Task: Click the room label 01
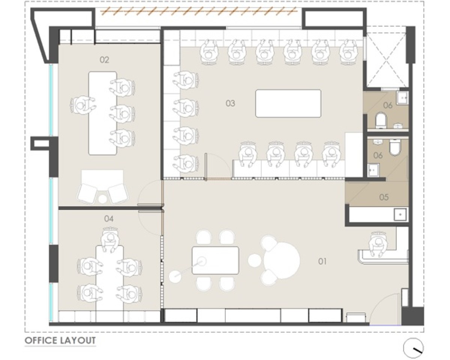(322, 261)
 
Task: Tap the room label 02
(104, 60)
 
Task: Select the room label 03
(230, 103)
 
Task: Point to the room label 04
(109, 219)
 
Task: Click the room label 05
(384, 197)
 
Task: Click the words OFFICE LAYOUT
(60, 340)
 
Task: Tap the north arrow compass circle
(413, 348)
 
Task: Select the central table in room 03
(288, 103)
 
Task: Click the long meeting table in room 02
(102, 113)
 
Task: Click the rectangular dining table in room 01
(216, 260)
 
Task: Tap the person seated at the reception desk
(378, 244)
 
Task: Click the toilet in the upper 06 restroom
(381, 120)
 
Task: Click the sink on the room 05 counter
(400, 214)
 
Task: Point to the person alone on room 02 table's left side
(82, 105)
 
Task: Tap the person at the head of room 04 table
(110, 240)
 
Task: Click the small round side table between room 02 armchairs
(102, 199)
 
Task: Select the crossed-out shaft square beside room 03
(386, 60)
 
